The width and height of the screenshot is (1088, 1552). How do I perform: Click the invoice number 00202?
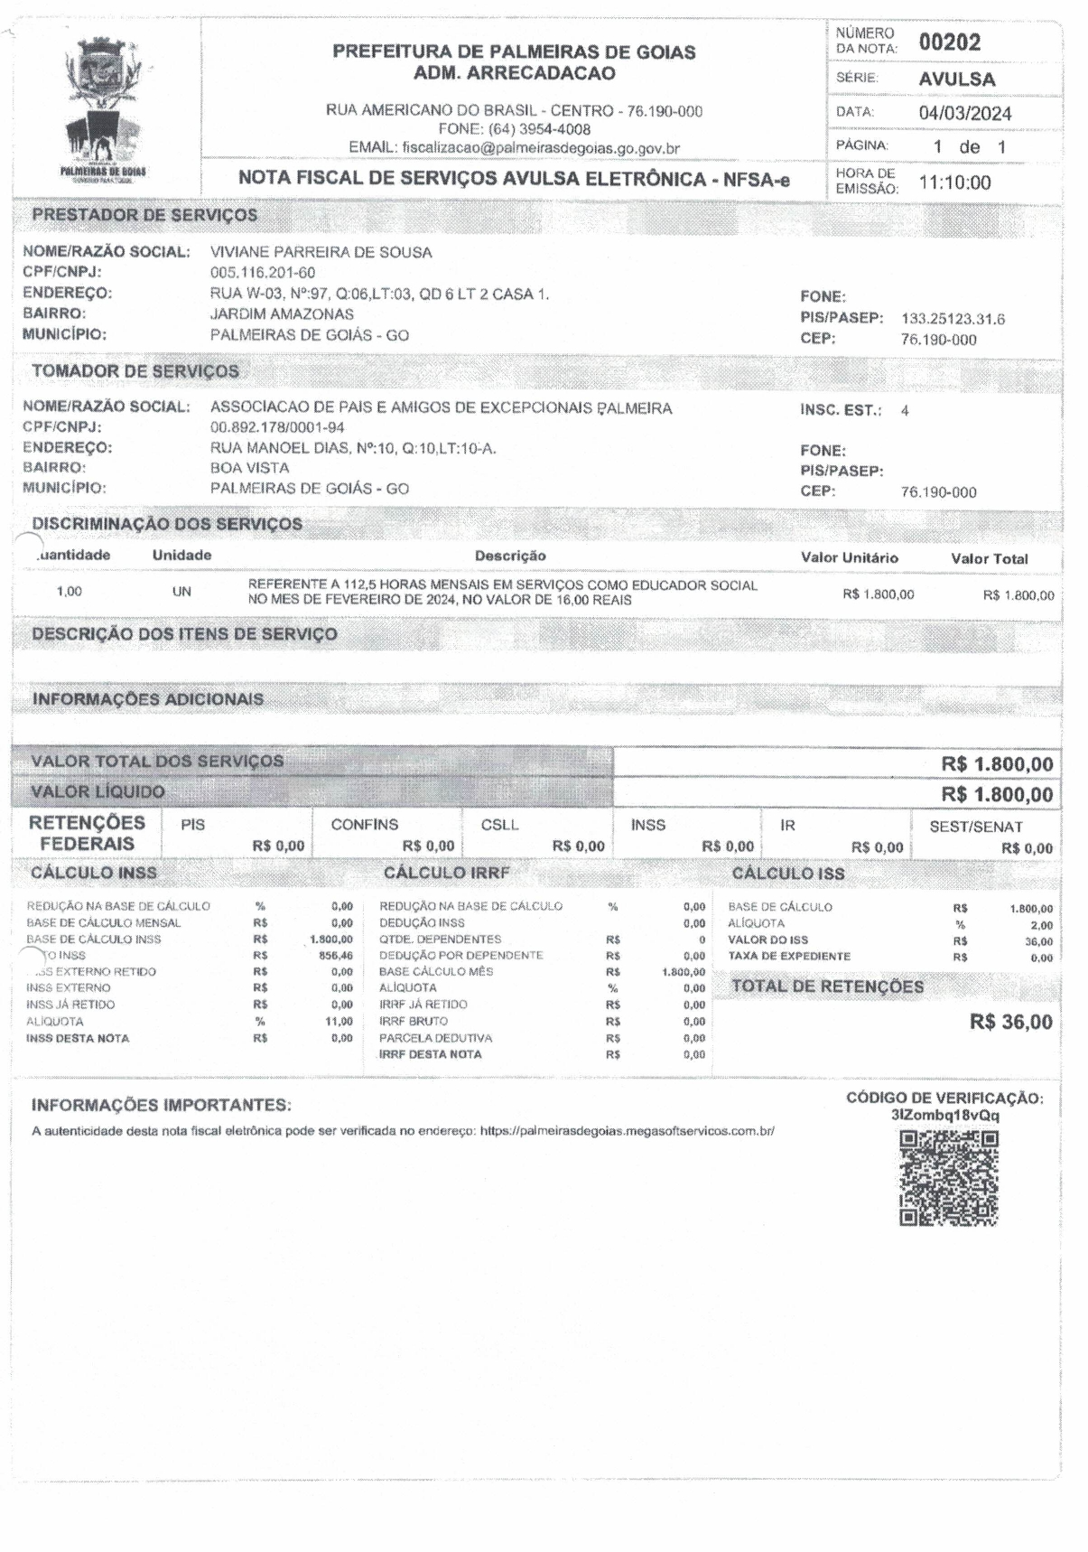click(949, 42)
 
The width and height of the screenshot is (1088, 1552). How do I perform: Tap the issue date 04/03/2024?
click(964, 114)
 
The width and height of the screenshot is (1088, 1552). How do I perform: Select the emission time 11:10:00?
click(954, 183)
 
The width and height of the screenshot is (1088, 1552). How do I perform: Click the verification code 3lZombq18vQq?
click(944, 1116)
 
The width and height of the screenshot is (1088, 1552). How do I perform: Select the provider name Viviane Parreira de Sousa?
click(321, 252)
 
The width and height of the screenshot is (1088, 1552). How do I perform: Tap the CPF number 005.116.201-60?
click(262, 273)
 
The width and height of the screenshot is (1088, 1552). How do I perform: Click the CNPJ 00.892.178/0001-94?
click(277, 427)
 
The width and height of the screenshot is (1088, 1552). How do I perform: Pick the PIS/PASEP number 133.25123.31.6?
click(953, 319)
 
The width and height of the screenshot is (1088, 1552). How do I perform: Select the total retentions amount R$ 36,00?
click(1010, 1023)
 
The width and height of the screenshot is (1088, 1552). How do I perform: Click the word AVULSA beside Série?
click(957, 79)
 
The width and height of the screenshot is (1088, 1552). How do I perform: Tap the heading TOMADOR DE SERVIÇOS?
click(135, 371)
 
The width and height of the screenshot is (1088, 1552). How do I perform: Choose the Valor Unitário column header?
click(849, 558)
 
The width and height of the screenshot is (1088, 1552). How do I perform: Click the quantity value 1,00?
click(69, 592)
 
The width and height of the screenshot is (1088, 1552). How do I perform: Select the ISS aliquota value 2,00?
click(1041, 925)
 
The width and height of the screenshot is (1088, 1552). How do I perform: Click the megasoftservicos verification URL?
click(627, 1131)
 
